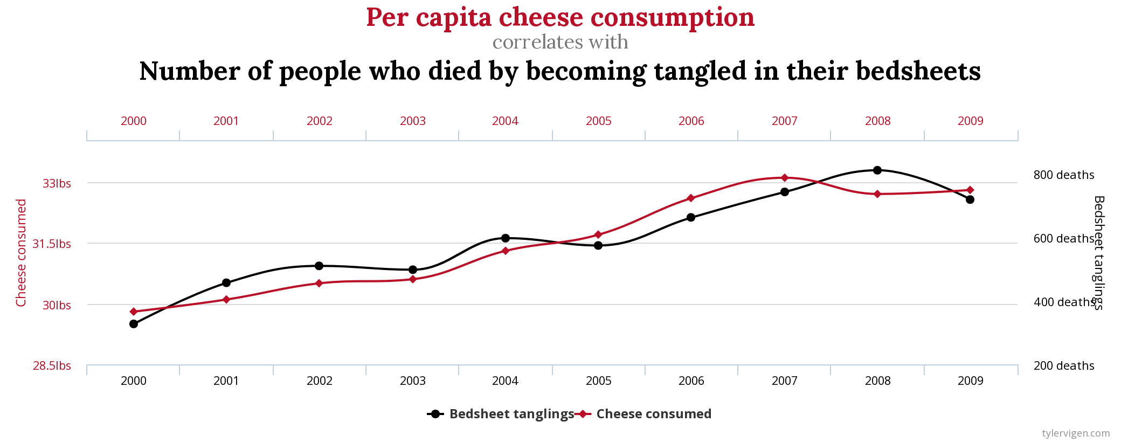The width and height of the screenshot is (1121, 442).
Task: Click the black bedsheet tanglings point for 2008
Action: pyautogui.click(x=877, y=170)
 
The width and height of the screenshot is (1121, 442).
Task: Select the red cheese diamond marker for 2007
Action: pyautogui.click(x=785, y=177)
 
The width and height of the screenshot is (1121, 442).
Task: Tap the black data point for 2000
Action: pyautogui.click(x=134, y=324)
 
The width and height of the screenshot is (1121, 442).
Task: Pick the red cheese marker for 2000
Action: pyautogui.click(x=134, y=312)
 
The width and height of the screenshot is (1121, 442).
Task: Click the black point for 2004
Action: pyautogui.click(x=506, y=238)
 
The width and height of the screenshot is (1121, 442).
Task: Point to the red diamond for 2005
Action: pyautogui.click(x=598, y=234)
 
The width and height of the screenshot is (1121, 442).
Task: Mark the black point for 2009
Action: pyautogui.click(x=970, y=199)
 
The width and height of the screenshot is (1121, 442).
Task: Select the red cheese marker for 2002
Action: pyautogui.click(x=319, y=283)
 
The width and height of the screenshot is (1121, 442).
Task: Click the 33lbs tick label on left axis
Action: pyautogui.click(x=57, y=184)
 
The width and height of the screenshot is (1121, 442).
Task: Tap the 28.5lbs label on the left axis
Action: pyautogui.click(x=52, y=366)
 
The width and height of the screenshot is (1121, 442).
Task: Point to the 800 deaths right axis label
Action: pyautogui.click(x=1063, y=175)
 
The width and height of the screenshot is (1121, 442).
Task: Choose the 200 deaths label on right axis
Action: pyautogui.click(x=1063, y=366)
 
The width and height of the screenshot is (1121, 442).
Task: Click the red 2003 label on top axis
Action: pyautogui.click(x=412, y=121)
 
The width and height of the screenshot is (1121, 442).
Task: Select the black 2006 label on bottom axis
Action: pyautogui.click(x=691, y=381)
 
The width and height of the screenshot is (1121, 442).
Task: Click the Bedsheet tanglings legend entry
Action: pyautogui.click(x=511, y=414)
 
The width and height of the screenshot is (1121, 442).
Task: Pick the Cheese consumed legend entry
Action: pyautogui.click(x=653, y=414)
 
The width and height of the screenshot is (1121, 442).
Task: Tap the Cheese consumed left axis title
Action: pyautogui.click(x=21, y=253)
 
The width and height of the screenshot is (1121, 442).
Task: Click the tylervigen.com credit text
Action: pyautogui.click(x=1076, y=433)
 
